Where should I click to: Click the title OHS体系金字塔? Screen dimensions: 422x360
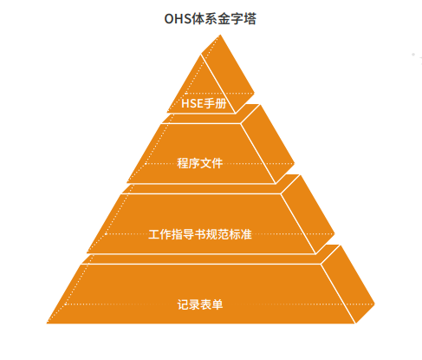point(210,19)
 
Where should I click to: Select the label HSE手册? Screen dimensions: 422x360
point(204,103)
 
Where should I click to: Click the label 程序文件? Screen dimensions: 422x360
point(199,163)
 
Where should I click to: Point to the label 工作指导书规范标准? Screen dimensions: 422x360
point(200,234)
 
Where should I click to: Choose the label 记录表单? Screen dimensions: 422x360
point(200,304)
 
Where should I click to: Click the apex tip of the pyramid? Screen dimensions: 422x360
point(220,35)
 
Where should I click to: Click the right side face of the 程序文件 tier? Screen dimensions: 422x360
point(267,145)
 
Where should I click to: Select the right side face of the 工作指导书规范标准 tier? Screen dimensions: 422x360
point(308,215)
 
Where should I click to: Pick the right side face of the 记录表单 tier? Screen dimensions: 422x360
point(347,285)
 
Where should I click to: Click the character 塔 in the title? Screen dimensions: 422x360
point(250,19)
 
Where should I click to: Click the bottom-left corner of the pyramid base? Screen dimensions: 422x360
point(47,323)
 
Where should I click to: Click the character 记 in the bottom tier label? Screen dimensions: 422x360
point(183,304)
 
